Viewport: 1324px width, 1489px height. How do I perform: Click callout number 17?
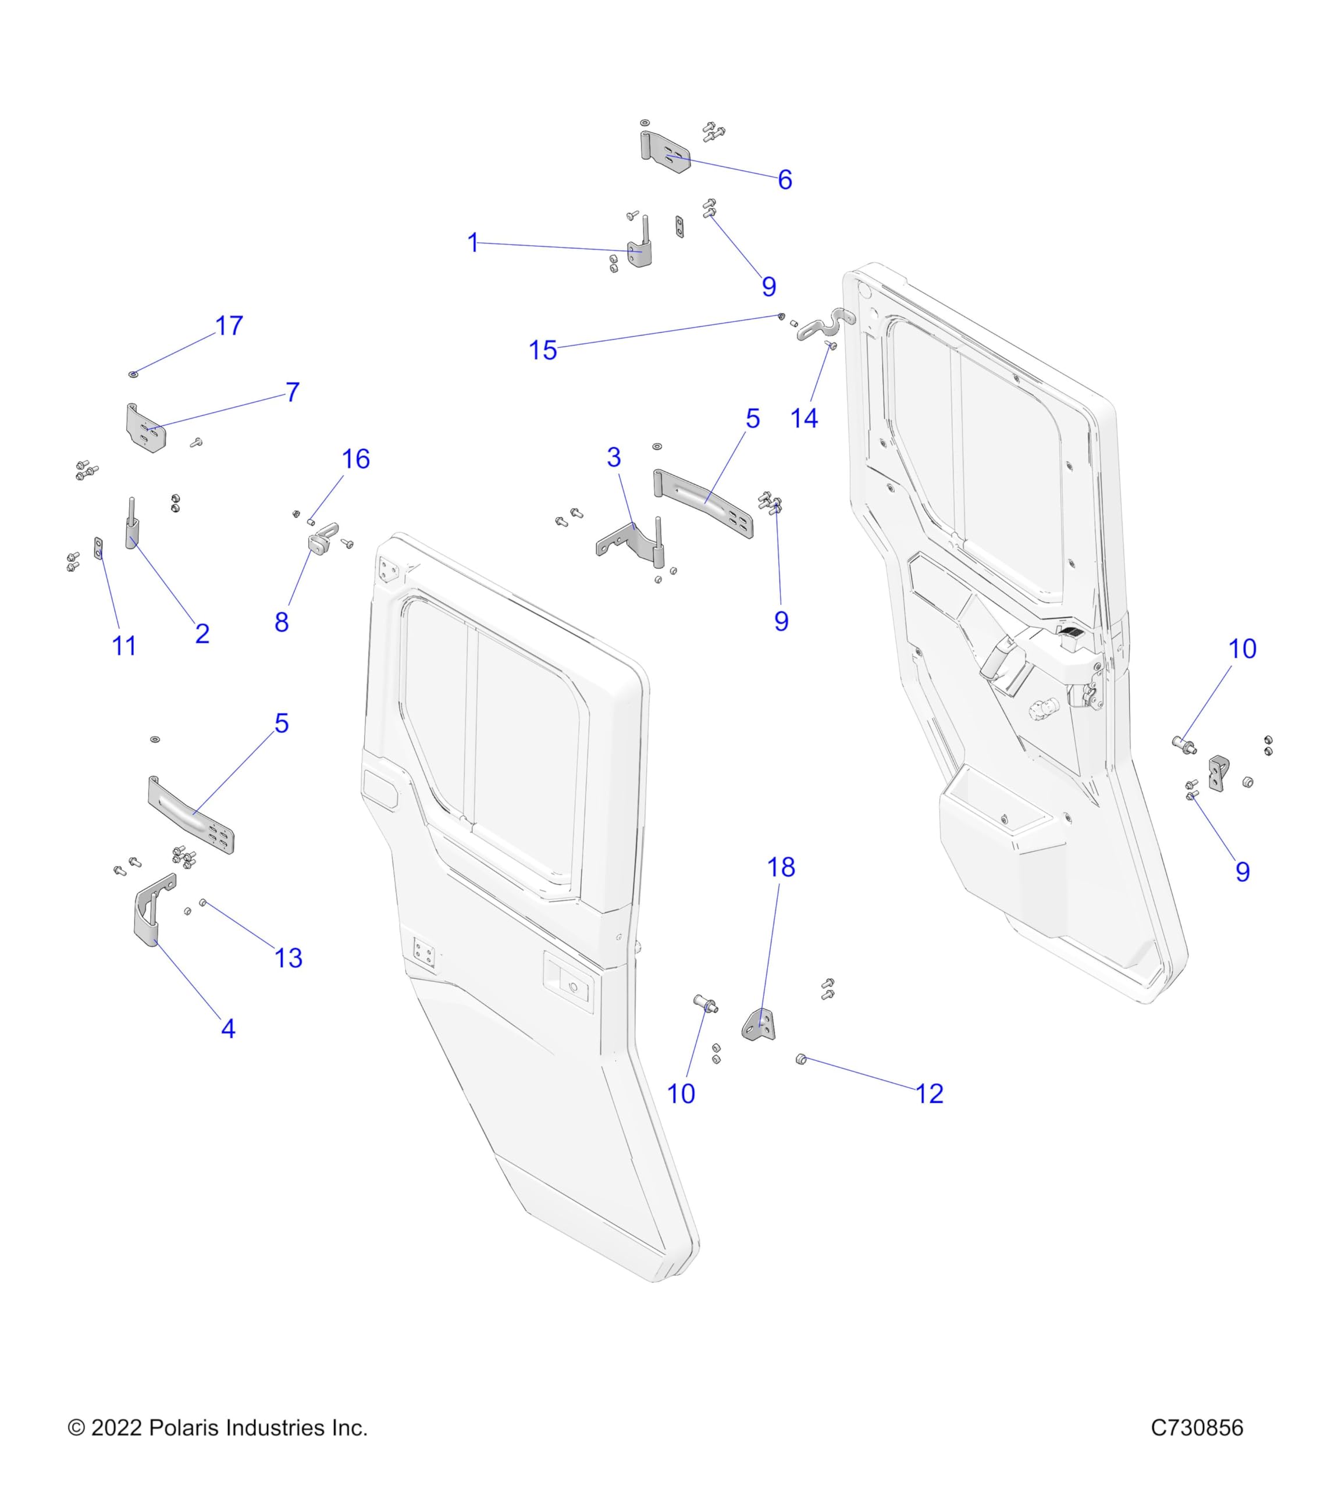coord(229,326)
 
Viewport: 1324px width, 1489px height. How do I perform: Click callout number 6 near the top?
coord(785,179)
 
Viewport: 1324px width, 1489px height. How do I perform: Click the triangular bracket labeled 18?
coord(760,1025)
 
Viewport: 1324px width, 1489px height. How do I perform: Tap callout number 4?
coord(228,1028)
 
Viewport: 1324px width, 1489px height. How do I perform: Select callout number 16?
coord(355,459)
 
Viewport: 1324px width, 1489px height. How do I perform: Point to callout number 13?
coord(289,958)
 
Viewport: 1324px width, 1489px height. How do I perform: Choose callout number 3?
coord(614,458)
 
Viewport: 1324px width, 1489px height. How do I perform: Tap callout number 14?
coord(804,419)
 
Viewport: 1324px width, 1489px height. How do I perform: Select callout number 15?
coord(543,350)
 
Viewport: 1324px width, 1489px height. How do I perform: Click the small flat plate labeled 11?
coord(98,548)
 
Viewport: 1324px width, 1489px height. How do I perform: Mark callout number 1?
coord(473,243)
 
